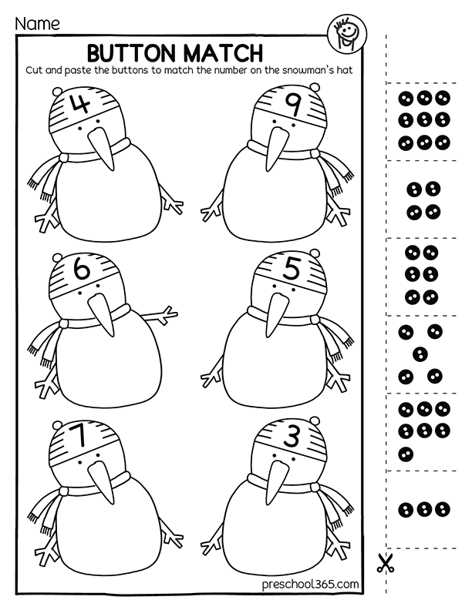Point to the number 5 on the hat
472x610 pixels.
pos(290,270)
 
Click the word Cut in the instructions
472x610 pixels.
pos(35,69)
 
